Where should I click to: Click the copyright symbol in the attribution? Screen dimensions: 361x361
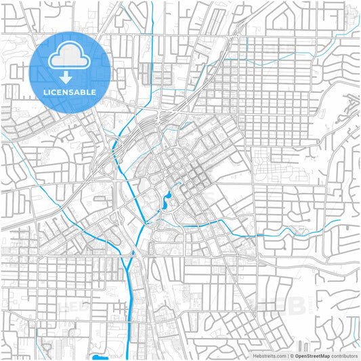click(x=293, y=355)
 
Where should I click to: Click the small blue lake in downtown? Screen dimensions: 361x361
click(x=167, y=200)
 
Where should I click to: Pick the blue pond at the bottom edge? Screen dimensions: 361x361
click(x=100, y=357)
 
